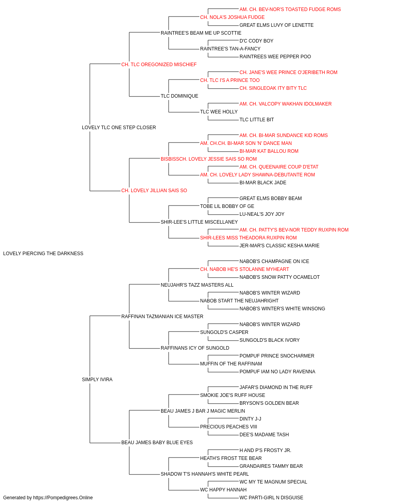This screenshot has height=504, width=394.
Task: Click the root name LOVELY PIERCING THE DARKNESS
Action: click(43, 254)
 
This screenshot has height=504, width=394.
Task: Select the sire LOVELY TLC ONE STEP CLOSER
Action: click(119, 128)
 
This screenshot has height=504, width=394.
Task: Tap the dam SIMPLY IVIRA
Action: click(97, 380)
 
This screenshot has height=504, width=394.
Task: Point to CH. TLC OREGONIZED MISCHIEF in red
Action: click(159, 65)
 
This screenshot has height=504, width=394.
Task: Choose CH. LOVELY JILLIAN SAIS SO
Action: click(154, 191)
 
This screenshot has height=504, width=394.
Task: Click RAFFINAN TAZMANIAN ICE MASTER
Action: click(162, 316)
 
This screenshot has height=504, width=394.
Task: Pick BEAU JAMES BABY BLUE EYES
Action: click(157, 442)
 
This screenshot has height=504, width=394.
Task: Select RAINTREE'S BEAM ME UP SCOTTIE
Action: click(201, 33)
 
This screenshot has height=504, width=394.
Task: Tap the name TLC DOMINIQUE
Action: click(179, 96)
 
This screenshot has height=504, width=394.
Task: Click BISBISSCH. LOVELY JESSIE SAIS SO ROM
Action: click(208, 159)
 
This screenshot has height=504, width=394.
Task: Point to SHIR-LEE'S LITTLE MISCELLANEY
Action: click(199, 222)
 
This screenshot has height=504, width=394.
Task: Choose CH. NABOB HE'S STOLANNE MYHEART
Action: click(245, 269)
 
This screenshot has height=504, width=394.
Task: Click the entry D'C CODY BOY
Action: click(256, 41)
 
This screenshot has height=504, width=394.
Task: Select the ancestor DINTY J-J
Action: click(250, 419)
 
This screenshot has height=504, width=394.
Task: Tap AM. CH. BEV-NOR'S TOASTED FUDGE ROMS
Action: click(290, 9)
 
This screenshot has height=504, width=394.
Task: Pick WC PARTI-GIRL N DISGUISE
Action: click(271, 498)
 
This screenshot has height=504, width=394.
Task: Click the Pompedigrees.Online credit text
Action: click(48, 498)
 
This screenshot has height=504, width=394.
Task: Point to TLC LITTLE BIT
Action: click(256, 120)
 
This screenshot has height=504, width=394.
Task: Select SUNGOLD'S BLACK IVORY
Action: click(269, 340)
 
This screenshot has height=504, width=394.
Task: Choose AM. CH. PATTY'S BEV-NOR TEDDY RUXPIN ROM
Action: click(294, 230)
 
